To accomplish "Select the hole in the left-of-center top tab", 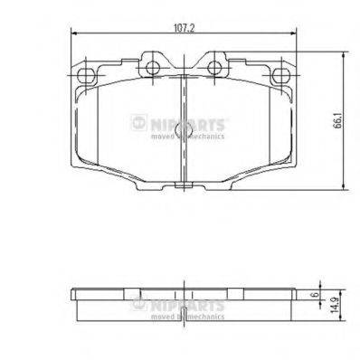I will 150,64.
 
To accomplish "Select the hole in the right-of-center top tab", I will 216,64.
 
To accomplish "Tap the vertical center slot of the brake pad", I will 184,127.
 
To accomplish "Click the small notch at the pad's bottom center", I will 184,187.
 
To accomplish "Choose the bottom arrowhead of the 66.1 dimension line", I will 345,189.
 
